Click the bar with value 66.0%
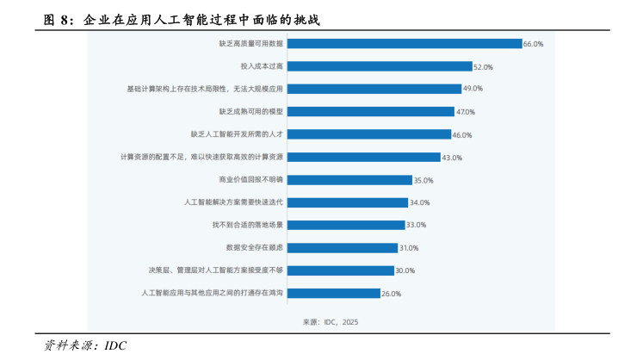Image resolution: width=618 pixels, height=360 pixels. [405, 43]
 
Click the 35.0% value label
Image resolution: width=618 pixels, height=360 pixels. [423, 180]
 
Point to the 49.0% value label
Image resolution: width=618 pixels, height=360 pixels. [473, 89]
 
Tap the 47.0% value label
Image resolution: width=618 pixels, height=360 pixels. [466, 112]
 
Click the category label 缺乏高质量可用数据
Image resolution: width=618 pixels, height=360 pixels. [251, 43]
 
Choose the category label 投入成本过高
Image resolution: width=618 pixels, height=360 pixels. [262, 66]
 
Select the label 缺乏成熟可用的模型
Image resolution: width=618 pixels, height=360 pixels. [251, 111]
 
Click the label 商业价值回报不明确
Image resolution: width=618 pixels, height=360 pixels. [251, 180]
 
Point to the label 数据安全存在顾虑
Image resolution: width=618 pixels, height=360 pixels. [255, 247]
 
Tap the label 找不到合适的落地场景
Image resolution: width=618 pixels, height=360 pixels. [249, 225]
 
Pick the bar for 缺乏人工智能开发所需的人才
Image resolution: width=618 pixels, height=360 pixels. [370, 134]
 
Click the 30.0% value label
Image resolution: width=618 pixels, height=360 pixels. [405, 270]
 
